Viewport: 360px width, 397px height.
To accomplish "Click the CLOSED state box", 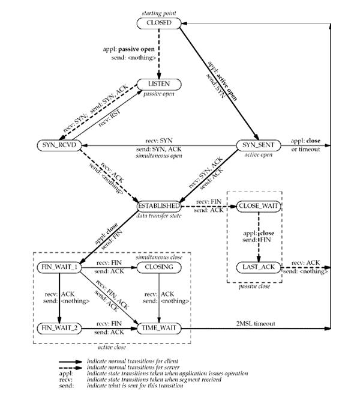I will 158,23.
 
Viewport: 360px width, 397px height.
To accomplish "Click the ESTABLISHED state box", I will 160,205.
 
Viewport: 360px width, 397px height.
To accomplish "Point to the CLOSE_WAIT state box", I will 259,205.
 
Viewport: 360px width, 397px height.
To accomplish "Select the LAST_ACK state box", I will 259,267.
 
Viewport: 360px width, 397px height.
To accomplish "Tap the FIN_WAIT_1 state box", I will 59,267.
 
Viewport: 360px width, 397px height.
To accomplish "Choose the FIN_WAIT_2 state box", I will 59,329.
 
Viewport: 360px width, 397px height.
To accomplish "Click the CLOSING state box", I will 159,267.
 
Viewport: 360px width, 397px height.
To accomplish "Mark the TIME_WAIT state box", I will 159,329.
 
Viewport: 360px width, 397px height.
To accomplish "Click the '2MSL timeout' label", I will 256,323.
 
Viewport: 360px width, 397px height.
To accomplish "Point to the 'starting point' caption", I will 158,13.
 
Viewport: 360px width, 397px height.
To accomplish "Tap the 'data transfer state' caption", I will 160,215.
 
